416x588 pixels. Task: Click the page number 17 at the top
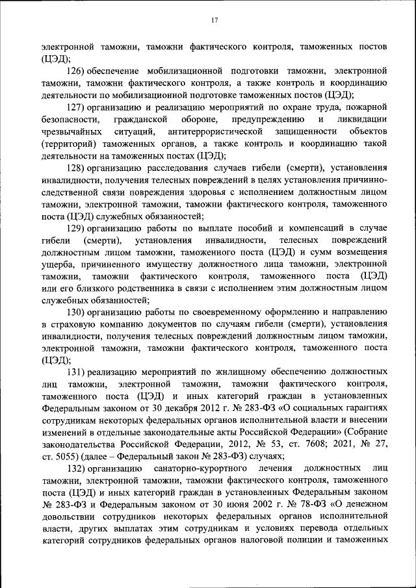tap(214, 21)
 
